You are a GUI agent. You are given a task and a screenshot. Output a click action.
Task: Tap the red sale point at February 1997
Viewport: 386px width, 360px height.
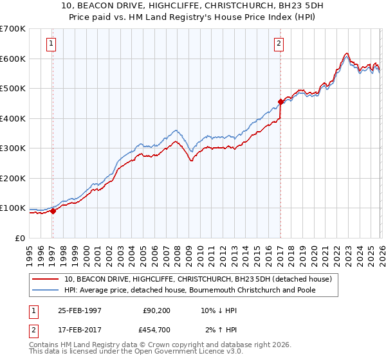(53, 212)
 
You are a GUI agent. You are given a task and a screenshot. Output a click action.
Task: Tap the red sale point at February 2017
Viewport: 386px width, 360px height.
(280, 102)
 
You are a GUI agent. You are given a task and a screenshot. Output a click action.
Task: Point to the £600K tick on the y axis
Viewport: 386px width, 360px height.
(13, 59)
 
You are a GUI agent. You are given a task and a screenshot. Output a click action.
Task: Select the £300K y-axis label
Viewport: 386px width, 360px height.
(13, 148)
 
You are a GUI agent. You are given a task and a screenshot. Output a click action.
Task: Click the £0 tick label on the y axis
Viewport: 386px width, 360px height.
(20, 238)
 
